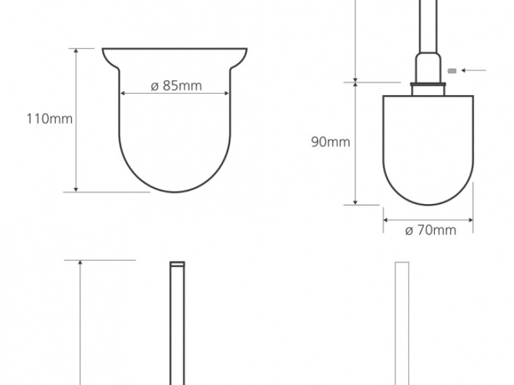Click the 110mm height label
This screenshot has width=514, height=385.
(x=49, y=119)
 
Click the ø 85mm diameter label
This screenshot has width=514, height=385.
(x=176, y=86)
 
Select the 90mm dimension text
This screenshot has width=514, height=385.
(x=330, y=142)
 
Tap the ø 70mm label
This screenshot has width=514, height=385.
(x=430, y=230)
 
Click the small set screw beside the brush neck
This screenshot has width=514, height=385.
(x=452, y=71)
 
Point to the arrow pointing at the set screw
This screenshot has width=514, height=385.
(x=474, y=71)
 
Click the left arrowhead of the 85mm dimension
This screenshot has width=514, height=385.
(x=123, y=93)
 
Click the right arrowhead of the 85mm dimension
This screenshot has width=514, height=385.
(x=227, y=93)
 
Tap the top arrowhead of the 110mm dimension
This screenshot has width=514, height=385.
(x=76, y=51)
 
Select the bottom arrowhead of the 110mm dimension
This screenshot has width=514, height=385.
(x=76, y=189)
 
